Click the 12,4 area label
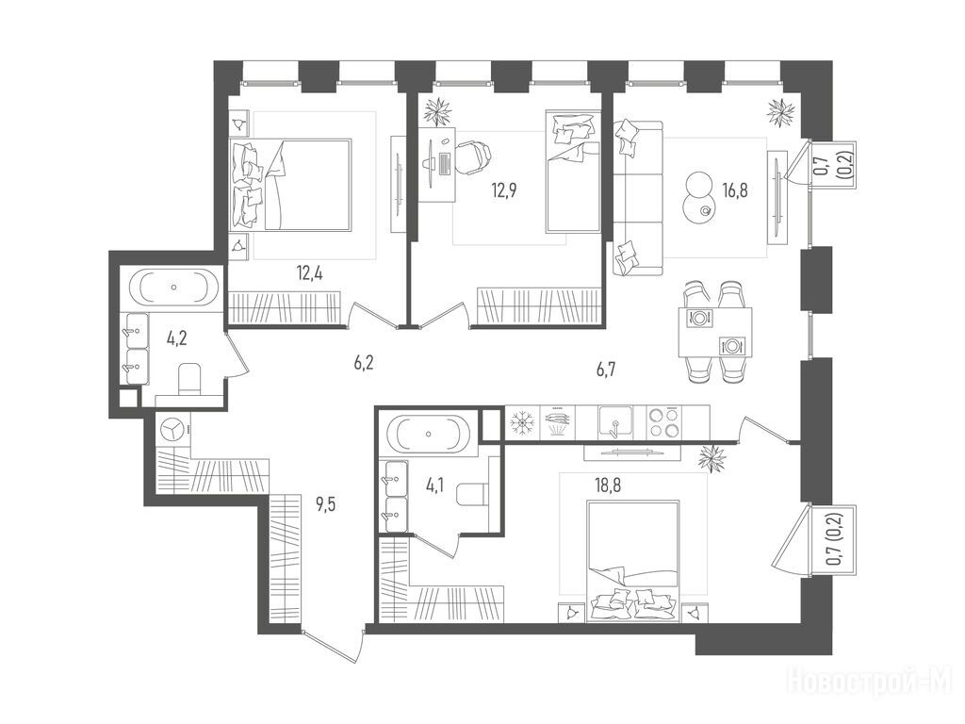point(309,272)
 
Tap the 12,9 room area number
point(503,189)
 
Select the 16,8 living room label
point(735,190)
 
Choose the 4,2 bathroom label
point(176,338)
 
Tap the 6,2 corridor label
point(364,363)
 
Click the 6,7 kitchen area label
point(606,369)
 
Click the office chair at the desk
point(472,157)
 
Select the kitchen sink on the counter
point(615,421)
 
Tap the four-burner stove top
point(663,422)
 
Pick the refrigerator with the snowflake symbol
point(522,422)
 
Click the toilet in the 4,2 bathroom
point(188,380)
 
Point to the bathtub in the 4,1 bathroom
point(429,434)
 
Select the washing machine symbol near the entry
point(174,429)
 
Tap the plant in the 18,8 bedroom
point(714,459)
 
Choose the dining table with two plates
point(715,333)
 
